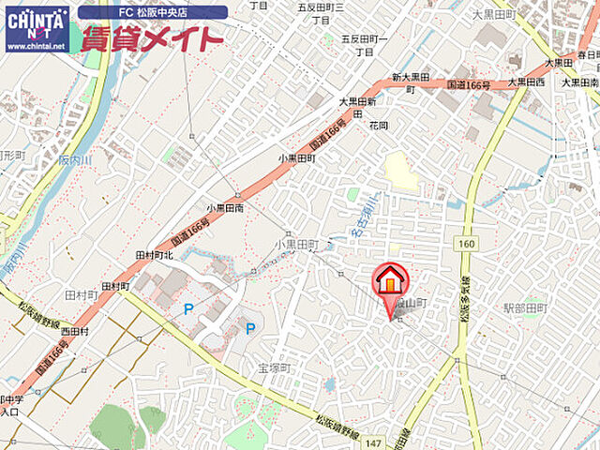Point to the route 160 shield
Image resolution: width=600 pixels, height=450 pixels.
[x=466, y=243]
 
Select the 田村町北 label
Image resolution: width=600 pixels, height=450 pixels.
[x=155, y=254]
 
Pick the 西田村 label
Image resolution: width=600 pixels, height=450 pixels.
[x=74, y=331]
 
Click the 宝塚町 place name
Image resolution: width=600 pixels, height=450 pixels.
[x=277, y=368]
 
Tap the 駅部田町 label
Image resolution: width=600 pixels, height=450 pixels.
[x=525, y=307]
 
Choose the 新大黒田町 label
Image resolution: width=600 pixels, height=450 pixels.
[x=410, y=82]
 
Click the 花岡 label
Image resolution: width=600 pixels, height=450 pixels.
[x=379, y=124]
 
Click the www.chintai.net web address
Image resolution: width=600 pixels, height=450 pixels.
[x=36, y=45]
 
